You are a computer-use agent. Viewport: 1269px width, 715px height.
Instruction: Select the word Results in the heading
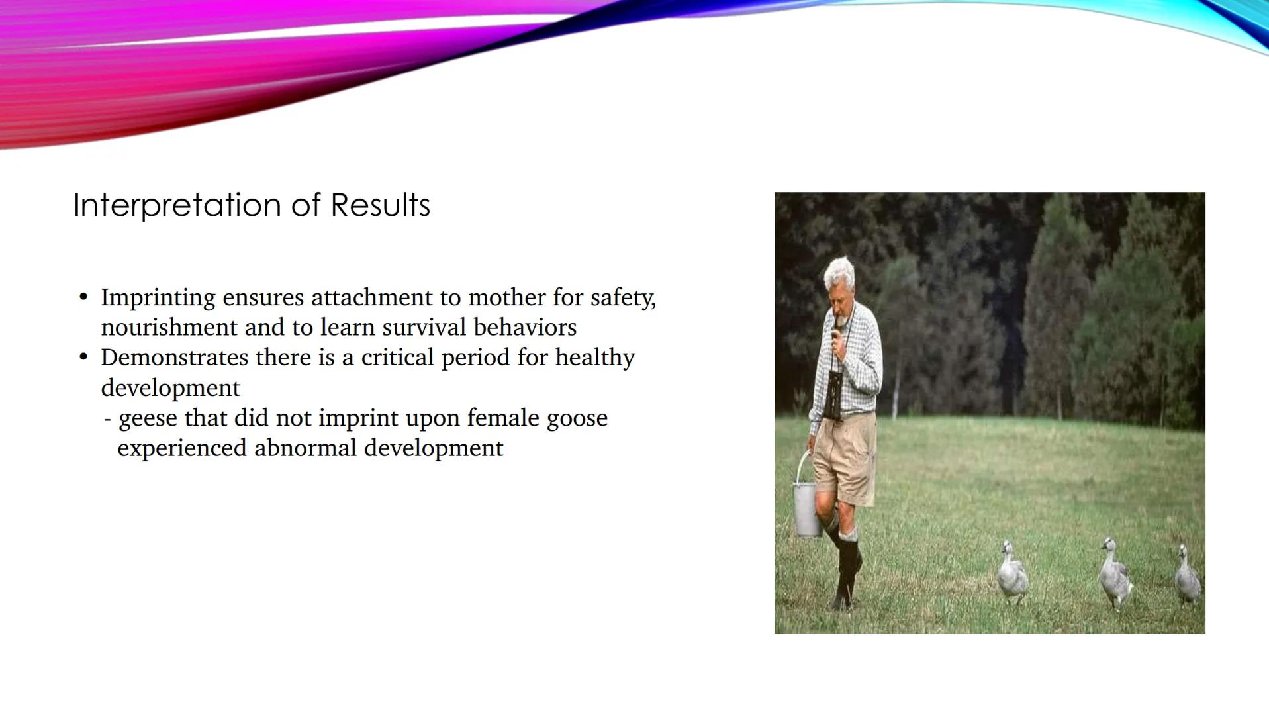click(x=380, y=205)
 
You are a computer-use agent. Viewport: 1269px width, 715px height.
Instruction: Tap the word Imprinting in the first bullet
click(x=158, y=298)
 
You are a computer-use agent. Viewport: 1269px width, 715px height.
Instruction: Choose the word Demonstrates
click(x=173, y=358)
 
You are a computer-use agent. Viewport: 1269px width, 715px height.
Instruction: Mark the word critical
click(x=397, y=358)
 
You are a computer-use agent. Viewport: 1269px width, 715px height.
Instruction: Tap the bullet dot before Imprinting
click(x=83, y=297)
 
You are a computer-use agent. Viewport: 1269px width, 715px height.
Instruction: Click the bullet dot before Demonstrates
click(x=83, y=358)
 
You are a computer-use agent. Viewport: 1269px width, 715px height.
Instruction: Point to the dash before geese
click(x=107, y=419)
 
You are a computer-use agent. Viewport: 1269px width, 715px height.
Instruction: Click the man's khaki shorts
click(x=844, y=457)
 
